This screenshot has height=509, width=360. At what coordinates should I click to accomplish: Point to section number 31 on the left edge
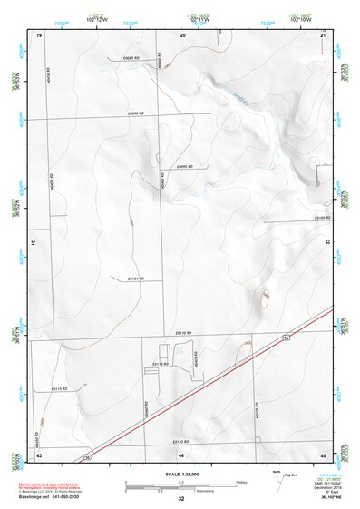(x=33, y=243)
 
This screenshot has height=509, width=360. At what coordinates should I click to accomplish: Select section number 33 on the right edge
(x=327, y=243)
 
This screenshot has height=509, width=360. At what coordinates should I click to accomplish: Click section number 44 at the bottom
(x=181, y=453)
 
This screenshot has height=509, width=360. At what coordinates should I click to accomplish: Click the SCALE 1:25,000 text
(x=180, y=474)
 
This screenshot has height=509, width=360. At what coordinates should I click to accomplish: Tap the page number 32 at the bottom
(x=180, y=499)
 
